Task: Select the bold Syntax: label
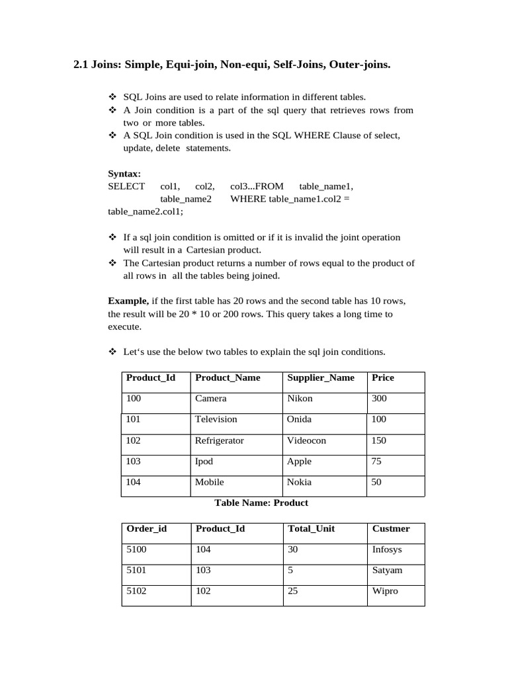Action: [124, 174]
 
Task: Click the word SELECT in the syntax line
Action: [126, 186]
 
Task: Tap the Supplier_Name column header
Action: [320, 378]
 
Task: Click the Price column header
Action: [383, 378]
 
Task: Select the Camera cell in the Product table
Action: [210, 399]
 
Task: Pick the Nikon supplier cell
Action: [300, 399]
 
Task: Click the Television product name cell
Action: [216, 419]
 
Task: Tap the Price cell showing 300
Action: [379, 399]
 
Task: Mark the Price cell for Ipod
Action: [376, 461]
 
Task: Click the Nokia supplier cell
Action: [299, 483]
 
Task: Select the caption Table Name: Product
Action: [261, 502]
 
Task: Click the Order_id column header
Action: [146, 528]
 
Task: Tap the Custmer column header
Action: [391, 528]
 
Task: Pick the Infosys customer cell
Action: [387, 549]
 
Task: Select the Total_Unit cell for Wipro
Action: [292, 591]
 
